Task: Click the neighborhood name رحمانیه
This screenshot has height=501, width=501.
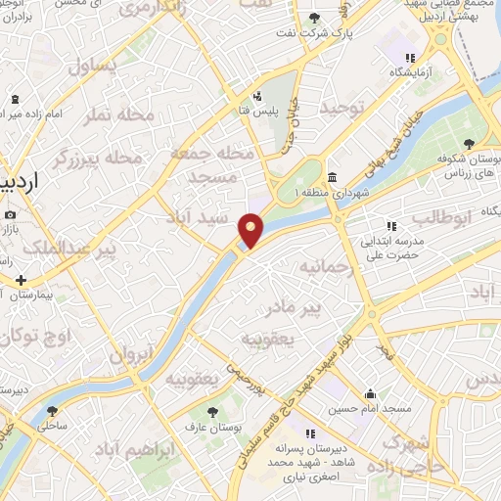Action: (323, 265)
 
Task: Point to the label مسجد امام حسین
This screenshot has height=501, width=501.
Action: (370, 407)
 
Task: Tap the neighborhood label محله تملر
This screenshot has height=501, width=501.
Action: (119, 115)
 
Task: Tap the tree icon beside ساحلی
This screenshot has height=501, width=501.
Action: (52, 411)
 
